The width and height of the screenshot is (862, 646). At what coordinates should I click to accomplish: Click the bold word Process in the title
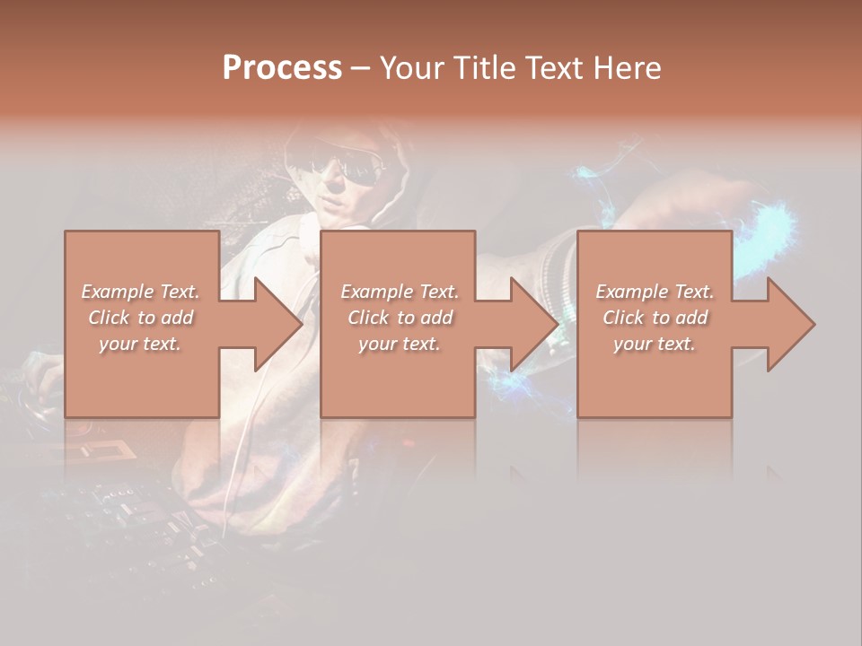tap(282, 68)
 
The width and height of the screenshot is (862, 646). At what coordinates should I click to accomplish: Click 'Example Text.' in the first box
tap(140, 292)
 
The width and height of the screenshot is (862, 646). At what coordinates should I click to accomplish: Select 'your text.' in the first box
tap(140, 344)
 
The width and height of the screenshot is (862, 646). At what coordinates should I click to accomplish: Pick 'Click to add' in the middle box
tap(400, 318)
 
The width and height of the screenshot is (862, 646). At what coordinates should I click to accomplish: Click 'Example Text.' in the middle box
tap(400, 292)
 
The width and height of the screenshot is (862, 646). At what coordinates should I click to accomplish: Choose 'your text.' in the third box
tap(655, 344)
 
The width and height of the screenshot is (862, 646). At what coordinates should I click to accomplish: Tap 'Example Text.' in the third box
tap(655, 292)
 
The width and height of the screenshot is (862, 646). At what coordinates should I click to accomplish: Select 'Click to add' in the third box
tap(655, 318)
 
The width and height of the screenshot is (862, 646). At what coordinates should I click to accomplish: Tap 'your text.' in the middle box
tap(400, 344)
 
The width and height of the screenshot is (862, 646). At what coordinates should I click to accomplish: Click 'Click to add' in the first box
tap(140, 318)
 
